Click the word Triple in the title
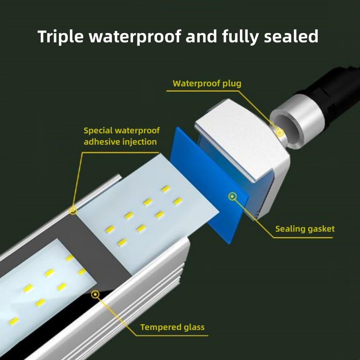(x=60, y=36)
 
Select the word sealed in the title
(x=291, y=36)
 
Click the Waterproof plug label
(x=207, y=83)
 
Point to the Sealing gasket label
(x=305, y=229)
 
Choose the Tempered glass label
(x=172, y=327)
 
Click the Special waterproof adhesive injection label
(x=122, y=136)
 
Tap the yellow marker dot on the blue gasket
(x=232, y=196)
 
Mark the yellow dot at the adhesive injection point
(x=73, y=210)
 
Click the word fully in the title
(x=239, y=36)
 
